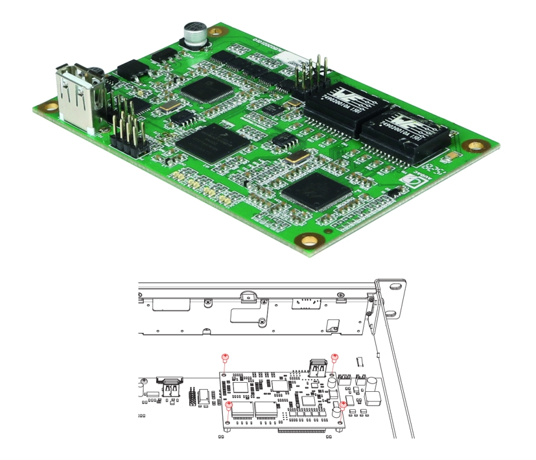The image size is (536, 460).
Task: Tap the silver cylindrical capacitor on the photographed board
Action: pyautogui.click(x=194, y=34)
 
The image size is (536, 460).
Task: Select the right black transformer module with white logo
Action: pyautogui.click(x=403, y=130)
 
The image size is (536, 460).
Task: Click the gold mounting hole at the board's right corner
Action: pyautogui.click(x=476, y=147)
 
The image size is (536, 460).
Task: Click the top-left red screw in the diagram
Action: pyautogui.click(x=225, y=358)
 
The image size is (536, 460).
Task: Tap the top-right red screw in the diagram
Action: pyautogui.click(x=335, y=358)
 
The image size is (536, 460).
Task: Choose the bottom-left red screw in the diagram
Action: pyautogui.click(x=228, y=405)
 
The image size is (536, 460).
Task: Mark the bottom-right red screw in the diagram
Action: pyautogui.click(x=343, y=405)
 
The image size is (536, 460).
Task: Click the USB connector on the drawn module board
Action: pyautogui.click(x=318, y=368)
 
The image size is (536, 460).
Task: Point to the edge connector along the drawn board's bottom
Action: pyautogui.click(x=301, y=430)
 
